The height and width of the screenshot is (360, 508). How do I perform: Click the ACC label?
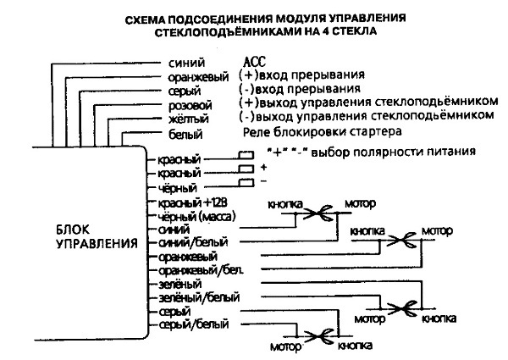pyautogui.click(x=254, y=63)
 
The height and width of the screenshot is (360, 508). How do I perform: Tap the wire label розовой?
pyautogui.click(x=190, y=104)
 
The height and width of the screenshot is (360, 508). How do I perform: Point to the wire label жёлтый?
pyautogui.click(x=188, y=119)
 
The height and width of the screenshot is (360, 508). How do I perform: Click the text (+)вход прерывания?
pyautogui.click(x=303, y=75)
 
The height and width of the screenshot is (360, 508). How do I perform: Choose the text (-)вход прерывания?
pyautogui.click(x=302, y=89)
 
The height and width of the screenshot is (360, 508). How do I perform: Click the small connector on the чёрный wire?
pyautogui.click(x=246, y=183)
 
